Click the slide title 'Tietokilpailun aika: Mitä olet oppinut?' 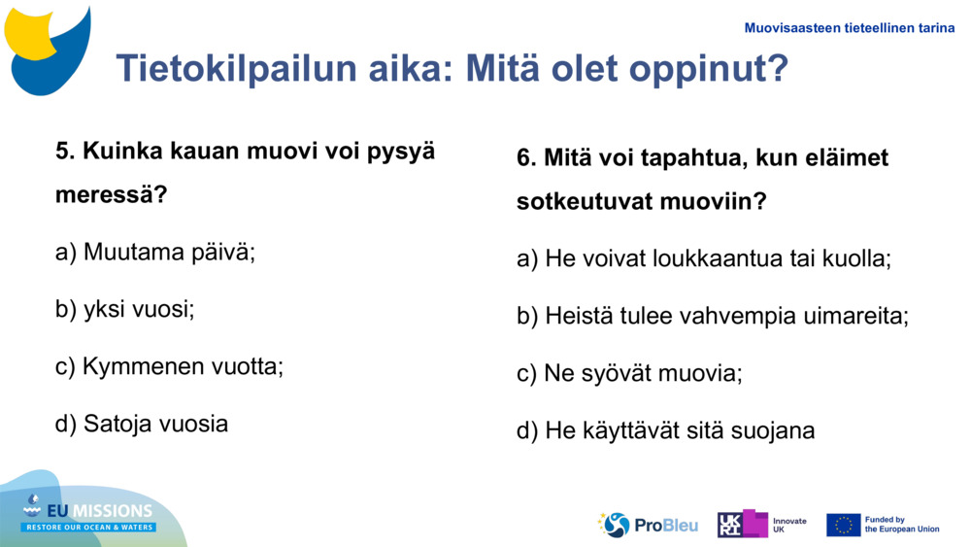coord(452,69)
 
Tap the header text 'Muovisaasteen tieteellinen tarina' coord(849,28)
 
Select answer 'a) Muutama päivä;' coord(155,253)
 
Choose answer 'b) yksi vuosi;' coord(125,310)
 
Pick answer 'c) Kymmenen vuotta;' coord(169,367)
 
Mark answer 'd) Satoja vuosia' coord(142,424)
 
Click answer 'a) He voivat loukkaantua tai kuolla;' coord(704,259)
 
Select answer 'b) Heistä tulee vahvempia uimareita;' coord(713,317)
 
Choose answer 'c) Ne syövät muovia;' coord(629,374)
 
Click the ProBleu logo coord(648,525)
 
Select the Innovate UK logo coord(762,525)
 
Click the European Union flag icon coord(843,525)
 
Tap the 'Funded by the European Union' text coord(902,525)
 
